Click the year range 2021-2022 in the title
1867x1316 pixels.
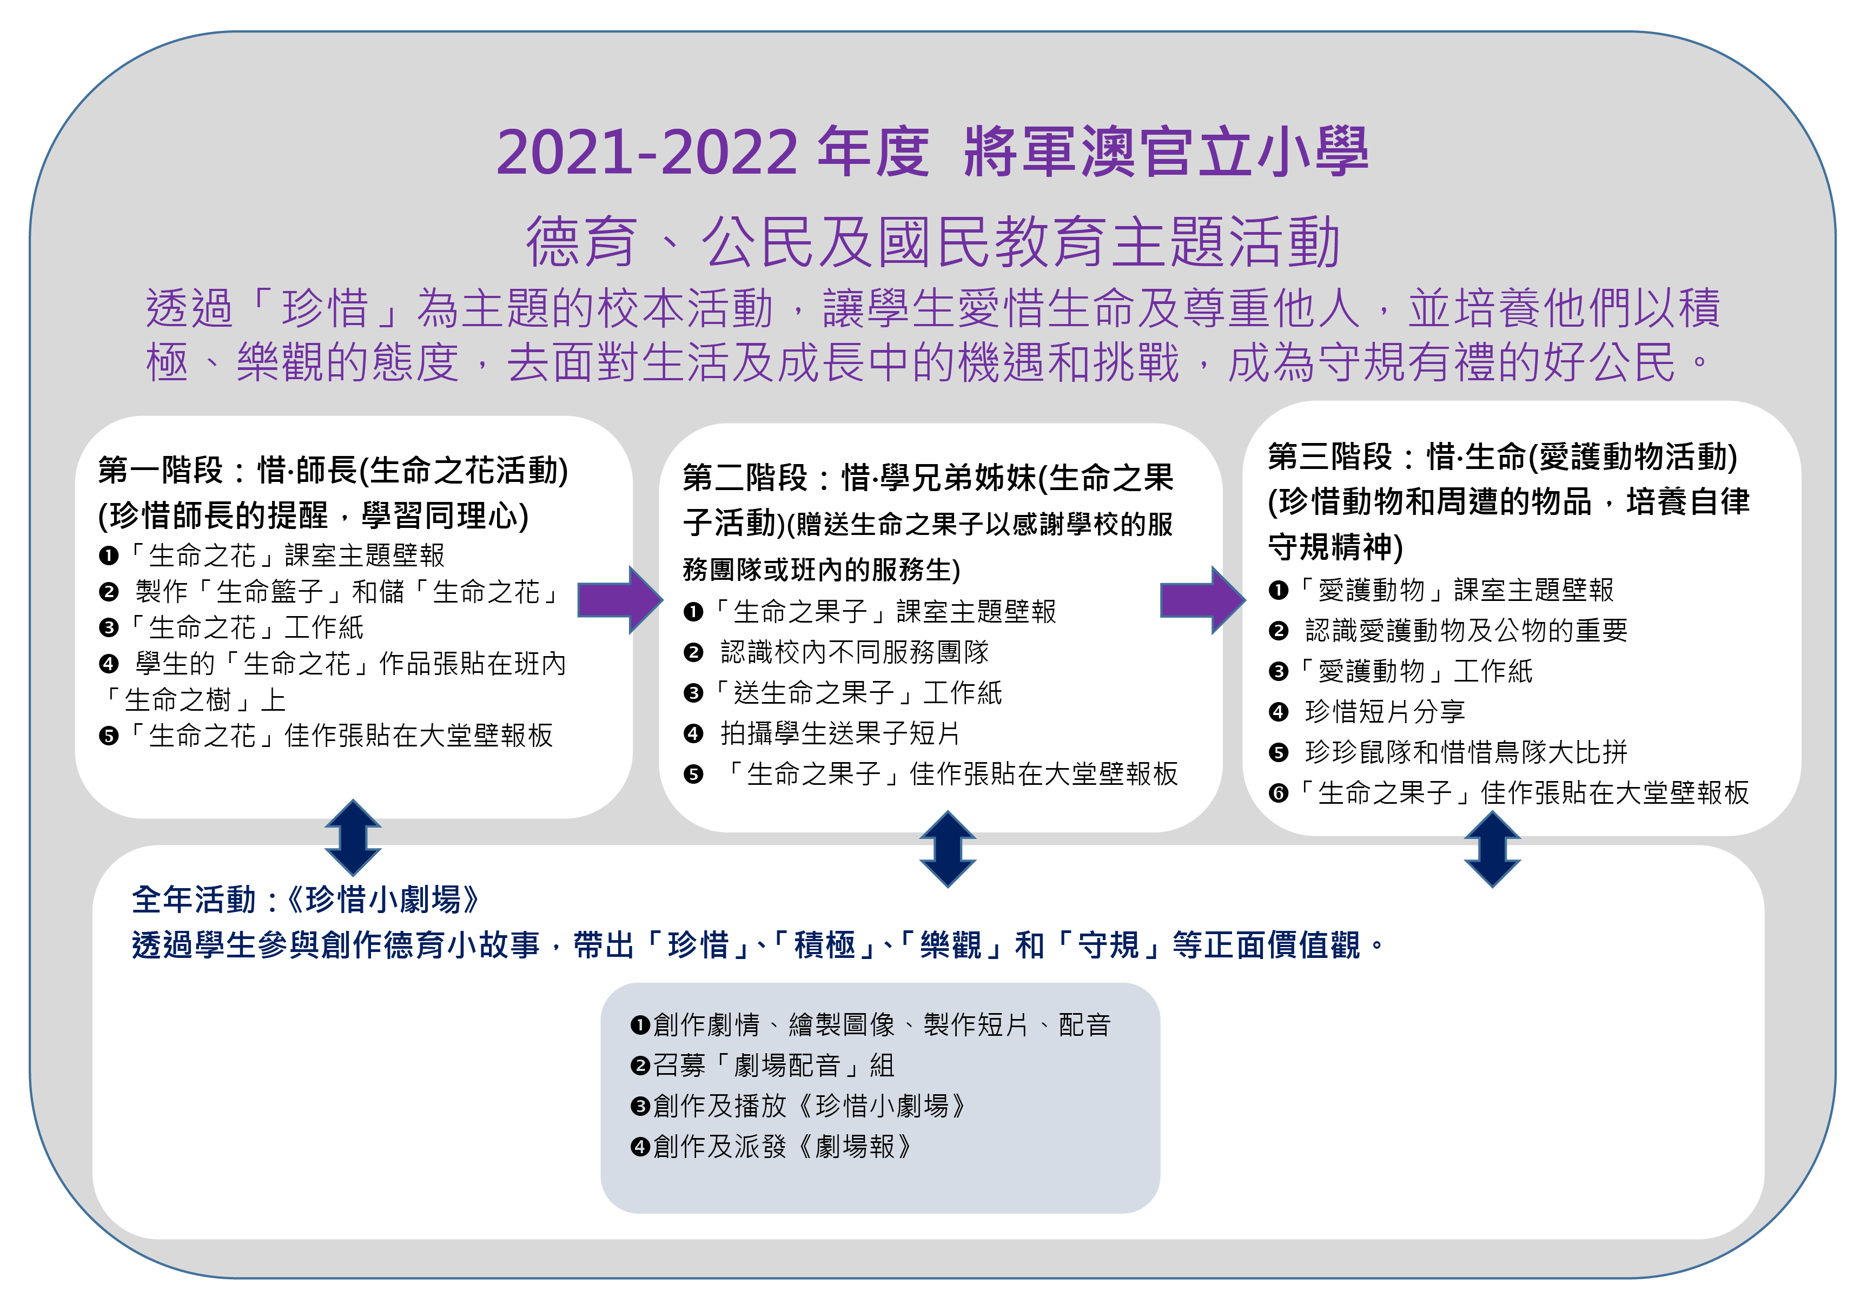click(x=647, y=152)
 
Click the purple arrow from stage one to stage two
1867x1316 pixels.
click(x=620, y=599)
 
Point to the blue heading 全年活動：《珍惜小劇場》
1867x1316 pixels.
click(x=307, y=900)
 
